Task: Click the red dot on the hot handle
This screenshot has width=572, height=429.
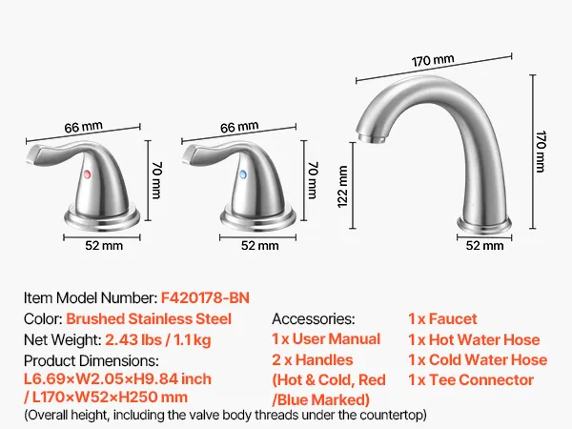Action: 87,174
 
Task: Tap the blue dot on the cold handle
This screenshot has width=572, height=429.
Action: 243,174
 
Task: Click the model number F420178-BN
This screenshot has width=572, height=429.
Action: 205,298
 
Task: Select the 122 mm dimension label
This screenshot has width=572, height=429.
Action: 342,187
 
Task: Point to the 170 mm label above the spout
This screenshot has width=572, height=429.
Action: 433,61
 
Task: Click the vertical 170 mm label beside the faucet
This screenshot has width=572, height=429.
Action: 541,151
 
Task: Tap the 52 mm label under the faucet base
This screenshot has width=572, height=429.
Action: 485,246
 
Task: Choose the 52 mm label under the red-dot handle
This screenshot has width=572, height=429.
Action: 104,246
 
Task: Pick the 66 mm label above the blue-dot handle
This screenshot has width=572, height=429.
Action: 239,127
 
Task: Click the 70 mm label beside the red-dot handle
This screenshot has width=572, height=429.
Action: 156,180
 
